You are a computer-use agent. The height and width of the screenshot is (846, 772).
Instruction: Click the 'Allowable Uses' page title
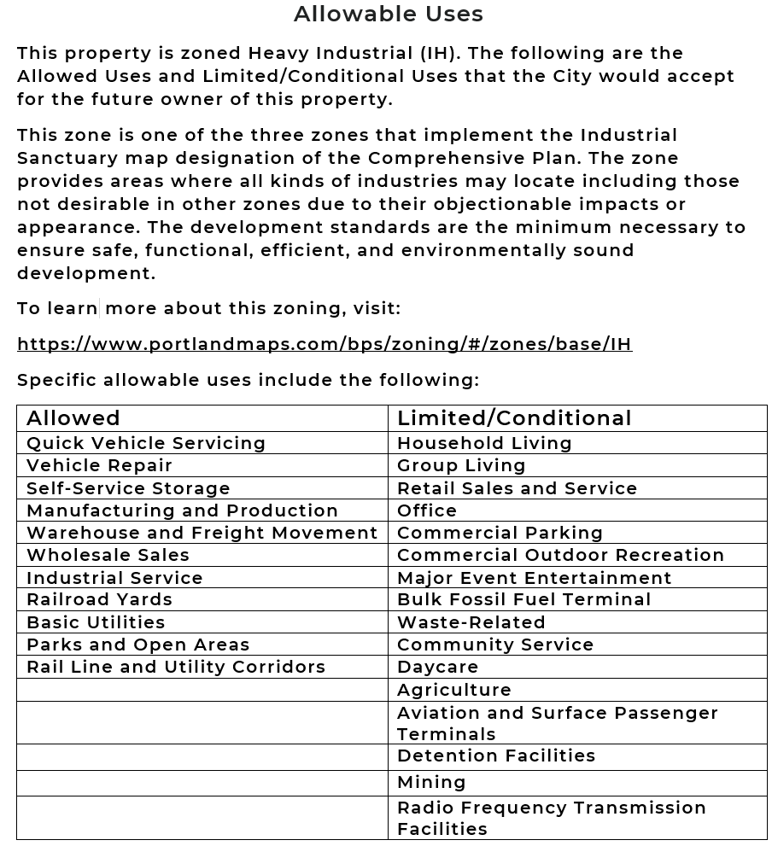pyautogui.click(x=389, y=15)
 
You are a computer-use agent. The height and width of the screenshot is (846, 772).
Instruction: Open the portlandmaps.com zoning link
pyautogui.click(x=325, y=344)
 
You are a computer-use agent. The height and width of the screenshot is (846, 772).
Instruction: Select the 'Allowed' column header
pyautogui.click(x=73, y=418)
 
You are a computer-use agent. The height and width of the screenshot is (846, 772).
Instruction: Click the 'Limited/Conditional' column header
pyautogui.click(x=514, y=418)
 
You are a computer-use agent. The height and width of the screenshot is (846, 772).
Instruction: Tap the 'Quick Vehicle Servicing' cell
pyautogui.click(x=146, y=443)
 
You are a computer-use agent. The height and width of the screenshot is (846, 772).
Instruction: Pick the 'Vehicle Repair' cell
pyautogui.click(x=100, y=465)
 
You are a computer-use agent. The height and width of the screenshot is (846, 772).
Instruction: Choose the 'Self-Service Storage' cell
pyautogui.click(x=128, y=488)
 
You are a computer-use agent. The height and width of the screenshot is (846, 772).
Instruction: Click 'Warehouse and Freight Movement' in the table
pyautogui.click(x=202, y=533)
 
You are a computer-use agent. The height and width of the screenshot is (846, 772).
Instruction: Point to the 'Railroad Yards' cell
pyautogui.click(x=100, y=599)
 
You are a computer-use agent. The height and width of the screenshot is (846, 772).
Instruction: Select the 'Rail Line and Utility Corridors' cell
pyautogui.click(x=176, y=667)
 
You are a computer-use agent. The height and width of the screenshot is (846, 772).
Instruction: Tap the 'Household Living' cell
pyautogui.click(x=484, y=443)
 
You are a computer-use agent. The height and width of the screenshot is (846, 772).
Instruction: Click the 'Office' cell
pyautogui.click(x=427, y=511)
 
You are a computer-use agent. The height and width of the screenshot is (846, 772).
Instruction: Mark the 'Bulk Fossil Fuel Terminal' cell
pyautogui.click(x=523, y=599)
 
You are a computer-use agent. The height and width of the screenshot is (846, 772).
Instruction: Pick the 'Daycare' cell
pyautogui.click(x=437, y=667)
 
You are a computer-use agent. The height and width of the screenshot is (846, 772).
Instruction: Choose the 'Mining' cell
pyautogui.click(x=431, y=782)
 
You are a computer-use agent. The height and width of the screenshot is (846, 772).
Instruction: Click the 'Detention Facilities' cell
pyautogui.click(x=496, y=756)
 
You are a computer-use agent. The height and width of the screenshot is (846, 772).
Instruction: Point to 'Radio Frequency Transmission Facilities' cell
pyautogui.click(x=551, y=818)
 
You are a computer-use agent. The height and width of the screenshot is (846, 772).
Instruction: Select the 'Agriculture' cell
pyautogui.click(x=454, y=690)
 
